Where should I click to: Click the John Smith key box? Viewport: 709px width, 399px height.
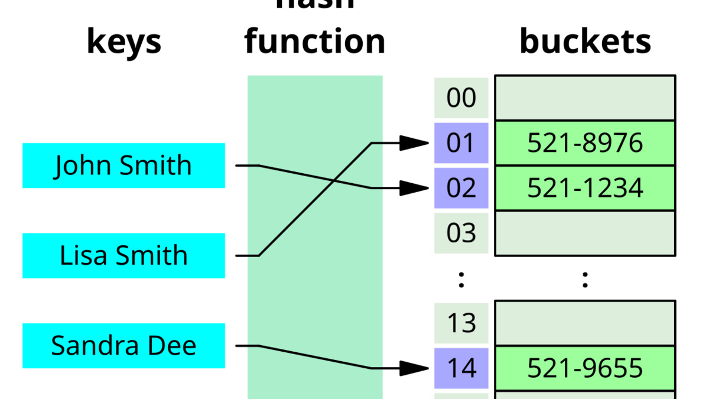[x=123, y=166]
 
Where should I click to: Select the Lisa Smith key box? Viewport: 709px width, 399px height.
[x=123, y=255]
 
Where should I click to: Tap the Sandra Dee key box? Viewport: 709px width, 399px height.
[x=123, y=346]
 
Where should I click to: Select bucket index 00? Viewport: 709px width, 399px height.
[x=461, y=98]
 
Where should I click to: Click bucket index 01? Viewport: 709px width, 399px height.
[x=461, y=143]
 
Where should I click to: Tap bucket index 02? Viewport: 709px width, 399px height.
[x=461, y=188]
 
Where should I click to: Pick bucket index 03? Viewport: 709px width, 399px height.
[x=461, y=233]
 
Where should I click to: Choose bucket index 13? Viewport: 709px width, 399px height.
[x=461, y=323]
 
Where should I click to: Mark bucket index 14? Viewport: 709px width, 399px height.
[x=461, y=368]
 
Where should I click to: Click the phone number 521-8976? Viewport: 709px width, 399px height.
[x=585, y=143]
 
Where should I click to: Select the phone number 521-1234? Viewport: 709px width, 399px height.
[x=585, y=188]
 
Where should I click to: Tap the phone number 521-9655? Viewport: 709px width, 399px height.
[x=585, y=368]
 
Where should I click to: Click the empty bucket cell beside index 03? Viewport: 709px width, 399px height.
[x=585, y=233]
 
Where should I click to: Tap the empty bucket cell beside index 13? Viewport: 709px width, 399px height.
[x=585, y=323]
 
